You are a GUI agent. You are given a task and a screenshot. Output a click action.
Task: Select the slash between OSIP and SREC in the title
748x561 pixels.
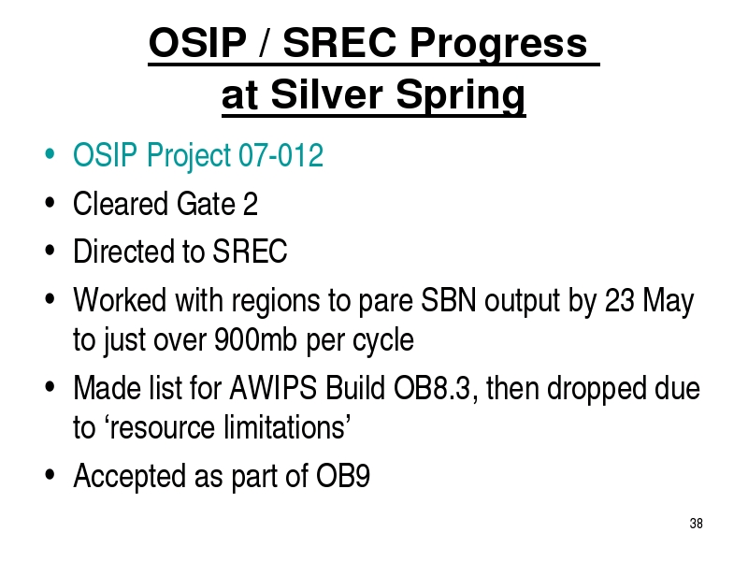click(x=264, y=42)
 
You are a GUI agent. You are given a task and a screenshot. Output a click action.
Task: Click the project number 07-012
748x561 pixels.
click(x=280, y=154)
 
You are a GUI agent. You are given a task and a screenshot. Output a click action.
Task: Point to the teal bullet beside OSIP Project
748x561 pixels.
click(x=50, y=154)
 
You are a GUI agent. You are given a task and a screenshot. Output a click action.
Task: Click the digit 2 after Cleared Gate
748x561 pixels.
click(x=251, y=204)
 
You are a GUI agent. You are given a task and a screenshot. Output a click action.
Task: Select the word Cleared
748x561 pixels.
click(x=121, y=204)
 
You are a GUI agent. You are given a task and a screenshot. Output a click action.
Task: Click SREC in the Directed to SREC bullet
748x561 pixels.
click(x=250, y=251)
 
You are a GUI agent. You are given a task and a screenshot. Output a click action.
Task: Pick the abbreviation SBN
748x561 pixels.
click(x=449, y=300)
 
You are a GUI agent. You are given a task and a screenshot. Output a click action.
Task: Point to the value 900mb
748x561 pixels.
click(x=255, y=339)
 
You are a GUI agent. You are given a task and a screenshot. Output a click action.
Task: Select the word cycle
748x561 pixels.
click(x=383, y=341)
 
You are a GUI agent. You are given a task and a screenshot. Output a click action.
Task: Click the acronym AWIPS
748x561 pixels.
click(x=273, y=388)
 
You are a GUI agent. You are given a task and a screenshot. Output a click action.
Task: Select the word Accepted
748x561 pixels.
click(x=129, y=477)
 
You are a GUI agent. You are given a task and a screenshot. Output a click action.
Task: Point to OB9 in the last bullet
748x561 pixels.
click(x=343, y=476)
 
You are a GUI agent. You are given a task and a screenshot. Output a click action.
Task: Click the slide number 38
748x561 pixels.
click(x=696, y=524)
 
